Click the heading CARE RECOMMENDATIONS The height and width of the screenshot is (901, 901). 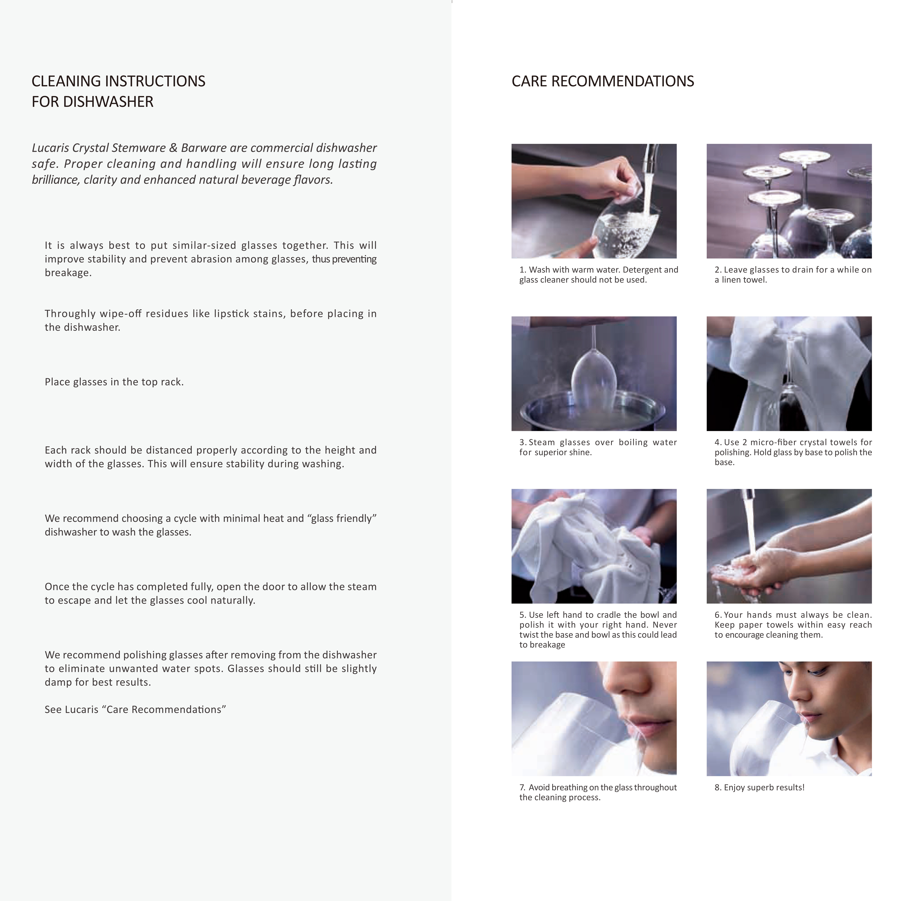[602, 81]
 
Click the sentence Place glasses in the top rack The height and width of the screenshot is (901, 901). [114, 382]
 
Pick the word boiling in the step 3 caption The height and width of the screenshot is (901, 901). [633, 443]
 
